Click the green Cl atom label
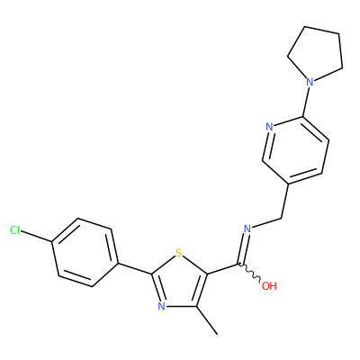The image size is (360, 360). (14, 230)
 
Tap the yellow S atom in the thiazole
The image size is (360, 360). (179, 253)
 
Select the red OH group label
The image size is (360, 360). (269, 286)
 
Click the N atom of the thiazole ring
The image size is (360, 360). (161, 306)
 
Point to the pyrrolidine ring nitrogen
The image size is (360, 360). (310, 82)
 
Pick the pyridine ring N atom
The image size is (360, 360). (269, 127)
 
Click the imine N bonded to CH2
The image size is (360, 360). (247, 229)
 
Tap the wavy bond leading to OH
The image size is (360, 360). (250, 273)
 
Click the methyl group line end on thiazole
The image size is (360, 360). (217, 334)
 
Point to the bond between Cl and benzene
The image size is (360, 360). (36, 236)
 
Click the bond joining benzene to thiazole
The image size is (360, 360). (134, 269)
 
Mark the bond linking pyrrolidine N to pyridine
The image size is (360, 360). (306, 102)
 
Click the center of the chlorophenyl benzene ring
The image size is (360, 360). (85, 253)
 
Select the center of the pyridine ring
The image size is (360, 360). (295, 150)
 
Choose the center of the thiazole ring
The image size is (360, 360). (179, 282)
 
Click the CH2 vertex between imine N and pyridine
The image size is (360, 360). (281, 218)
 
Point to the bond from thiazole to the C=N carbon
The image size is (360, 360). (223, 269)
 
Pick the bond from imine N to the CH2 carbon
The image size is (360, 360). (266, 223)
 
